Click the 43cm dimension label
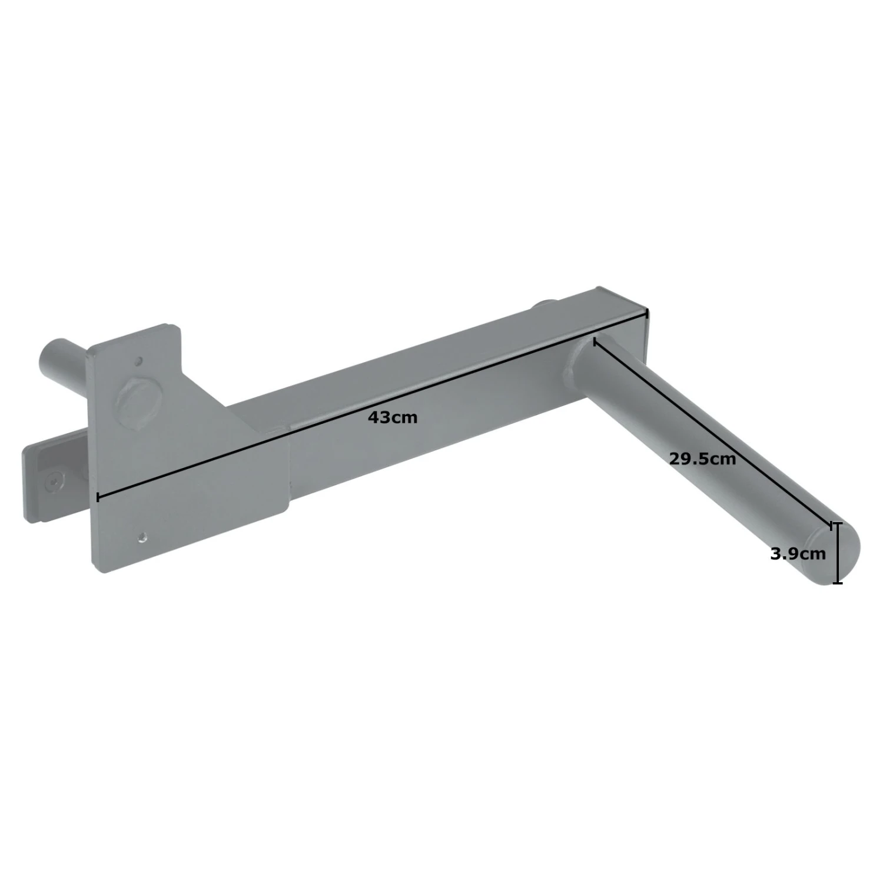click(392, 417)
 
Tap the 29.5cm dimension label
click(702, 459)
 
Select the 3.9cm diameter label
click(798, 553)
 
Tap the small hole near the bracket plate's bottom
click(142, 536)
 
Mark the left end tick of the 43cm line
click(97, 497)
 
